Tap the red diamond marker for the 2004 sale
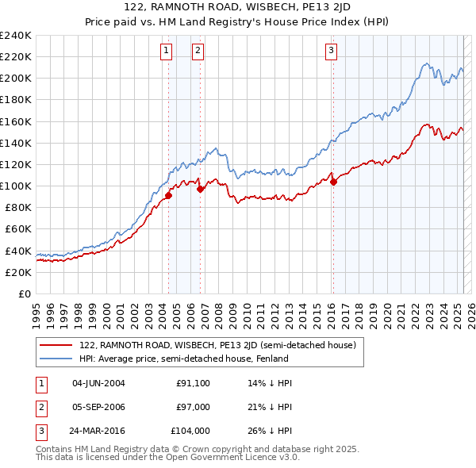tap(169, 195)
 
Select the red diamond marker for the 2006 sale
tap(201, 189)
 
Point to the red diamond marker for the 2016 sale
tap(334, 182)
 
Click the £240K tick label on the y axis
tap(16, 36)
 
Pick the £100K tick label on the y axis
tap(16, 186)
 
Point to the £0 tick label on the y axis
tap(25, 293)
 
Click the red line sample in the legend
tap(56, 345)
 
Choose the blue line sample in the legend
tap(56, 358)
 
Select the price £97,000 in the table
tap(193, 407)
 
